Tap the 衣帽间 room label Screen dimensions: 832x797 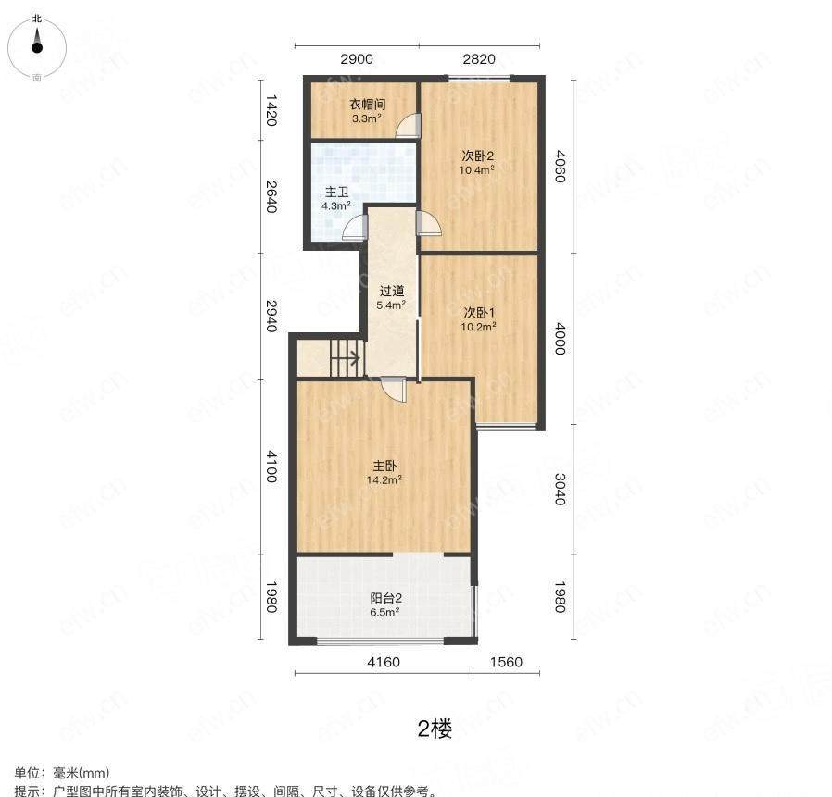(367, 105)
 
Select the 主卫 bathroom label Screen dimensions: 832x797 (336, 192)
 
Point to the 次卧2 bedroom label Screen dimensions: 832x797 (477, 156)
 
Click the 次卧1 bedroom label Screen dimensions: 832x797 (479, 312)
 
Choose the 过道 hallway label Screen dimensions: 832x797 (392, 291)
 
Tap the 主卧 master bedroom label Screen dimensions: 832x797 (384, 467)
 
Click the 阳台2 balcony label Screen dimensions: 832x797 (385, 598)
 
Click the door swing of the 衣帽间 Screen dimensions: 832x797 (409, 126)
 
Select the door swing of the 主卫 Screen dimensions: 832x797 (356, 228)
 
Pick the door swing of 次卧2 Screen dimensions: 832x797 (429, 223)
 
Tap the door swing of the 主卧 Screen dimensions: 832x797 (394, 389)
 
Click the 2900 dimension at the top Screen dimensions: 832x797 (357, 59)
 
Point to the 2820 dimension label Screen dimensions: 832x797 (479, 59)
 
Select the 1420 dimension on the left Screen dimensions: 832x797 (271, 110)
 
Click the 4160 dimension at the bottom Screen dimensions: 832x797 (384, 662)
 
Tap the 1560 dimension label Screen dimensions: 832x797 (506, 662)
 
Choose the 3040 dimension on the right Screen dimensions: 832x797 (560, 489)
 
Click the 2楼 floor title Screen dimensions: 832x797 (435, 729)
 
